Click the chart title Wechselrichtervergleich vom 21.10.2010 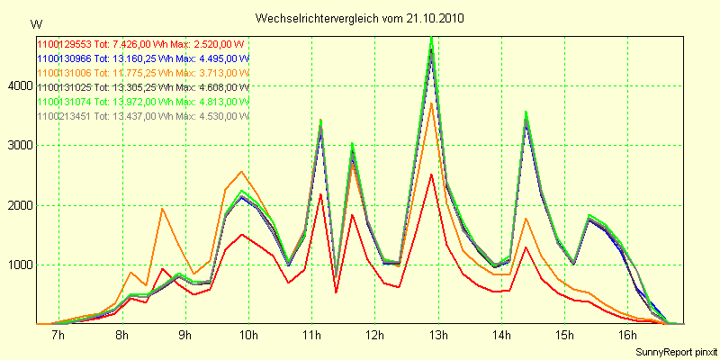point(360,18)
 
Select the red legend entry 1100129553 point(141,43)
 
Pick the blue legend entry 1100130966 point(141,58)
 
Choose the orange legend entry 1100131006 point(141,72)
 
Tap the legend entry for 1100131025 point(141,86)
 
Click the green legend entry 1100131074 point(141,101)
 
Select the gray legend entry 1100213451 point(141,115)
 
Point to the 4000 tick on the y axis point(19,85)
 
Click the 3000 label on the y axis point(19,145)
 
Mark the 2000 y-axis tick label point(19,205)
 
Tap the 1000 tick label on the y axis point(19,265)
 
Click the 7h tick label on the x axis point(58,336)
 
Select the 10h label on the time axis point(248,336)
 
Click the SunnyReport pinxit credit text point(674,350)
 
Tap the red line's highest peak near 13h point(432,175)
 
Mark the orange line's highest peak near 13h point(432,103)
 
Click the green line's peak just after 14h point(526,112)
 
